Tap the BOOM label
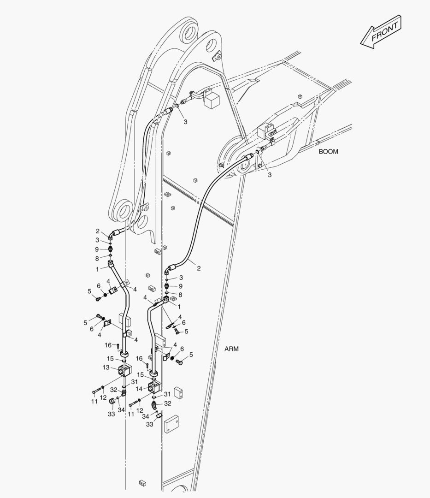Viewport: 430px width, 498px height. [328, 151]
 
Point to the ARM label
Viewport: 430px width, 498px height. [231, 349]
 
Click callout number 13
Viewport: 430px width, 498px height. [106, 368]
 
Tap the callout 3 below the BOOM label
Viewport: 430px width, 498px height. [270, 175]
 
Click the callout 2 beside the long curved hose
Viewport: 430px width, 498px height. [199, 268]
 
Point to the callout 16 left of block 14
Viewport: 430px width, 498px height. [139, 358]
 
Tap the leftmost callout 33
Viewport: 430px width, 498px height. [111, 414]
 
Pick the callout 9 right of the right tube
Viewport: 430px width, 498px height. [181, 286]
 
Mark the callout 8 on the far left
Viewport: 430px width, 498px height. [97, 258]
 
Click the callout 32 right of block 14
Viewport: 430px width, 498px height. [168, 403]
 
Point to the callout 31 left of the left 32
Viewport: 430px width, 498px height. [134, 381]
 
